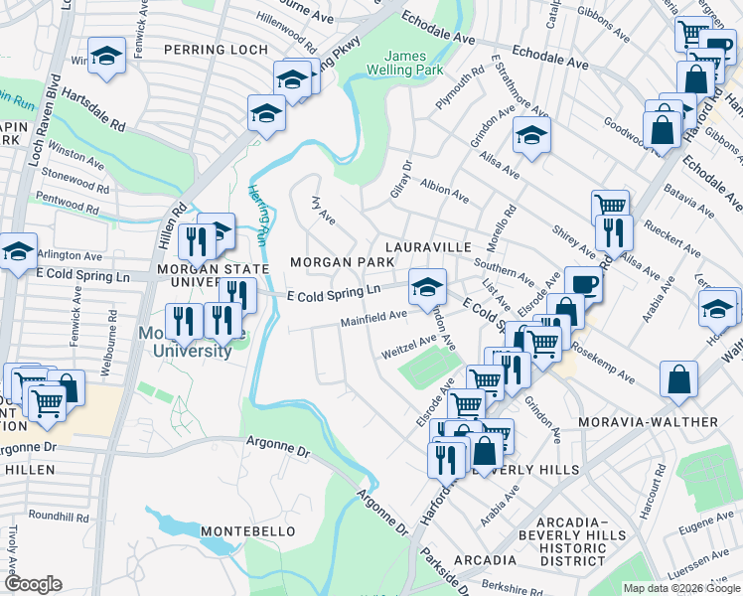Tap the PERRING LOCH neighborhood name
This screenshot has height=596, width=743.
point(216,50)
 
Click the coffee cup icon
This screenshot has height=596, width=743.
point(583,284)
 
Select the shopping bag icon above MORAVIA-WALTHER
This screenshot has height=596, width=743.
point(678,379)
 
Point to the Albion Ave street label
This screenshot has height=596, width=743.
point(444,193)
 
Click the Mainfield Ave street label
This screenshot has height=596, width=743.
point(373,319)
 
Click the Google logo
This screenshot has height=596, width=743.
point(34,584)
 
